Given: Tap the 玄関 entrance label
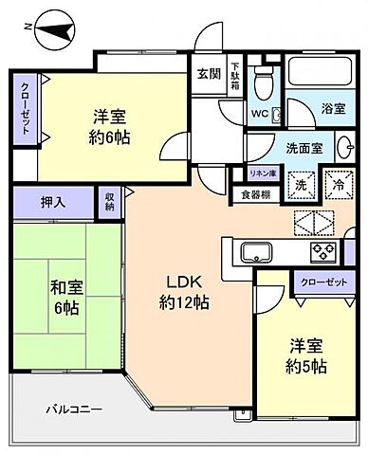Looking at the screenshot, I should click(209, 71).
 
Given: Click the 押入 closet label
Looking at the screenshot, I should click(53, 201).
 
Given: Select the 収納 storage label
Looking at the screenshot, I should click(110, 200).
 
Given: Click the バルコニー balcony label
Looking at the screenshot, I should click(76, 409).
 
